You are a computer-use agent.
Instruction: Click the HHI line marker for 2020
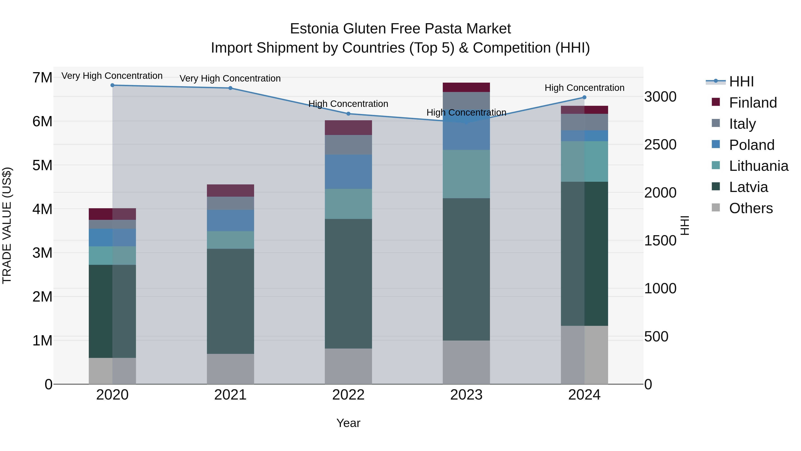(112, 85)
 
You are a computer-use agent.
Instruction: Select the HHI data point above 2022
(348, 114)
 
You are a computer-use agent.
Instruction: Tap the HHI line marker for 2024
(584, 97)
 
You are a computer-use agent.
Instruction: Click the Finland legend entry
(752, 103)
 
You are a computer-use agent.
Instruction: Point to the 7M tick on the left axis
(42, 78)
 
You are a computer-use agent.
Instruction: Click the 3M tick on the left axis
(42, 253)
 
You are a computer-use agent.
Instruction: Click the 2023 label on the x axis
(466, 395)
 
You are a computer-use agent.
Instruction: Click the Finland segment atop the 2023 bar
(466, 88)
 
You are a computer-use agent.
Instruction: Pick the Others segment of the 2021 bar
(231, 369)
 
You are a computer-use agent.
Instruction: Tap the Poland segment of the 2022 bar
(348, 172)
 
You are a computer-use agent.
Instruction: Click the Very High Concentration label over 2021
(230, 78)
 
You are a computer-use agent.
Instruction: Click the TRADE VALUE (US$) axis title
(7, 225)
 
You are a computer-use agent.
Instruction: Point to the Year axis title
(348, 423)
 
